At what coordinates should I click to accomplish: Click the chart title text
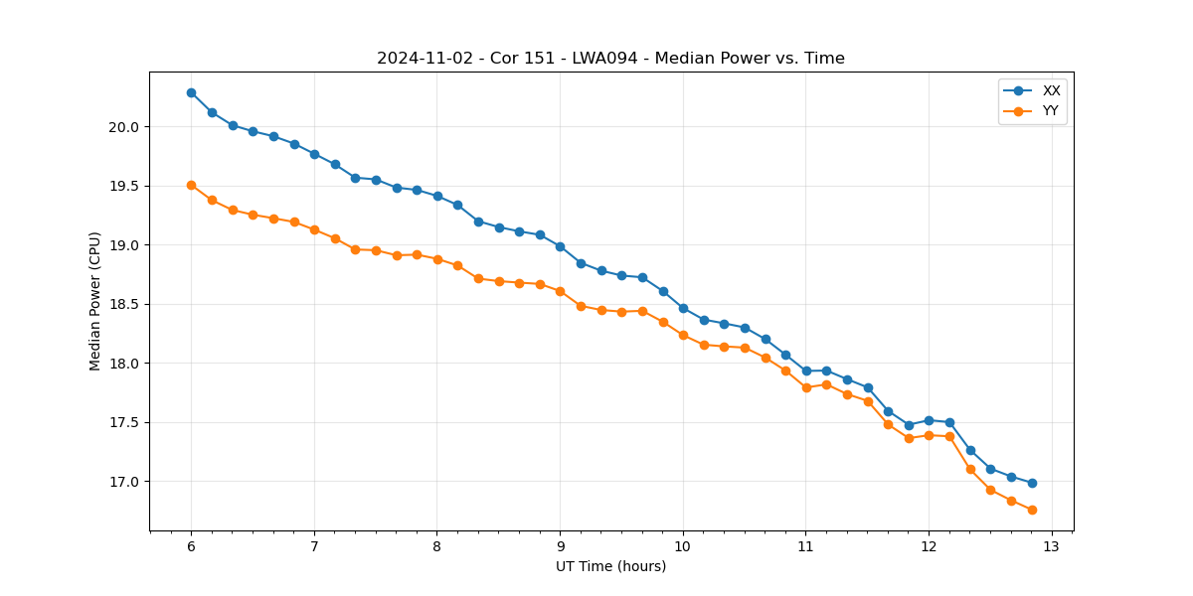tap(610, 59)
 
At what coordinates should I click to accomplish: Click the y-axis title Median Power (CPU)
tap(95, 301)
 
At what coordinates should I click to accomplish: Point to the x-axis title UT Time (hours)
tap(610, 566)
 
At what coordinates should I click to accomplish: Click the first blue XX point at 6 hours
tap(191, 92)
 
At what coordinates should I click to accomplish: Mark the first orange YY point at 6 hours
tap(191, 185)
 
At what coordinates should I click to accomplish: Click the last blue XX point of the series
tap(1032, 483)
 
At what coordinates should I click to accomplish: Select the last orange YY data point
tap(1032, 510)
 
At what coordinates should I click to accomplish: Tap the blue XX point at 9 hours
tap(560, 246)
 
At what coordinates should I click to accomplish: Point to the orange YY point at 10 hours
tap(683, 335)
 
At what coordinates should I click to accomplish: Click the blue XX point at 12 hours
tap(929, 420)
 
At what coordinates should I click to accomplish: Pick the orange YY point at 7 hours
tap(314, 229)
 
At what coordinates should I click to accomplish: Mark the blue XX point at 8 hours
tap(437, 196)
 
